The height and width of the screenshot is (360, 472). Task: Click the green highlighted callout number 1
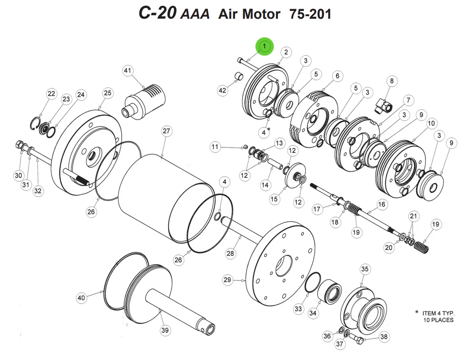click(x=265, y=46)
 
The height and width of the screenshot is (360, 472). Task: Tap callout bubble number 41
click(x=128, y=71)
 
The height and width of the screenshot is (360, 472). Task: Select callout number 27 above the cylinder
click(x=167, y=131)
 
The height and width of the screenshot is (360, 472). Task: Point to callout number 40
click(x=82, y=298)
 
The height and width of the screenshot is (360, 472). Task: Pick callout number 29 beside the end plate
click(x=227, y=280)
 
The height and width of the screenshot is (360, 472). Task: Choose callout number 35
click(x=365, y=269)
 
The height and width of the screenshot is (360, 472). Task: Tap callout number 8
click(x=391, y=82)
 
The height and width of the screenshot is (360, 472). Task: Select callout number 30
click(x=18, y=176)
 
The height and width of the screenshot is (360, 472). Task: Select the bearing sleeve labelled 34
click(x=329, y=291)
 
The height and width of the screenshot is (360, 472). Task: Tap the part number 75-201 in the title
click(x=310, y=14)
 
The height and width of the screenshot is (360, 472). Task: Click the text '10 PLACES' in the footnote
click(x=438, y=320)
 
